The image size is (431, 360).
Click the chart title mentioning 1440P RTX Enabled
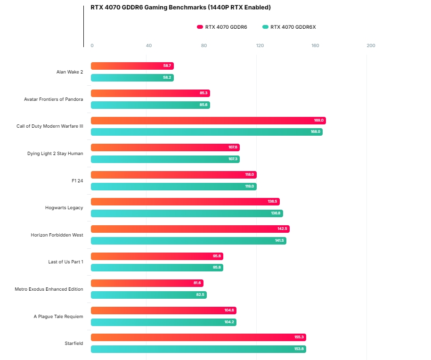(180, 8)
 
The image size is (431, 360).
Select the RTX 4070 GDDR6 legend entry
(222, 27)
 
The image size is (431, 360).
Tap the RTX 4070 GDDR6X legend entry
(289, 27)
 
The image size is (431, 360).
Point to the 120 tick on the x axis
(260, 46)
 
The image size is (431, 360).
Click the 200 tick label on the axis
(371, 46)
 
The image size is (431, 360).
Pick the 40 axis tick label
(149, 46)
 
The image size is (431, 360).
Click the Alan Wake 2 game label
(69, 72)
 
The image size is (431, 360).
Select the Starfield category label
(74, 344)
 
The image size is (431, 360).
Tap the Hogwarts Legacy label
(64, 208)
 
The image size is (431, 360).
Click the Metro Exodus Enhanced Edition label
(49, 289)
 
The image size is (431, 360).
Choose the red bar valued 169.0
(208, 121)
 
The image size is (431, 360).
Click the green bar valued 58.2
(132, 78)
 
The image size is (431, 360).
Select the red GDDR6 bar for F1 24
(173, 175)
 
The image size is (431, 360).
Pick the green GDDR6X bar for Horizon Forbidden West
(188, 241)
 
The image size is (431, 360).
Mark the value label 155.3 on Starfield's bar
(299, 337)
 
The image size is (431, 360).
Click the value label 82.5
(200, 295)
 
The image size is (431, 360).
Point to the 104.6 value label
(229, 311)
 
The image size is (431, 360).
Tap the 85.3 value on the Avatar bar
(203, 93)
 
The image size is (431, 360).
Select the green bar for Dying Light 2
(165, 159)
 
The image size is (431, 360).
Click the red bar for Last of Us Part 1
(157, 256)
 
